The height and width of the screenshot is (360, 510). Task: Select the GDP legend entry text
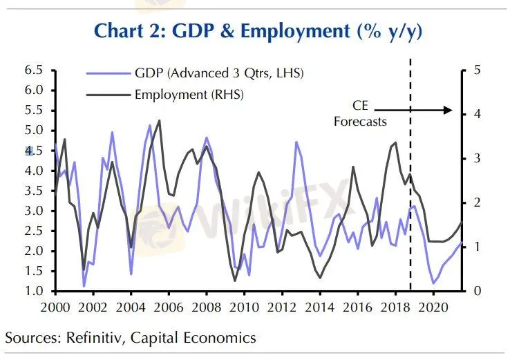220,73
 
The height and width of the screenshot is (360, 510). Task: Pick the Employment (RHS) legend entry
189,93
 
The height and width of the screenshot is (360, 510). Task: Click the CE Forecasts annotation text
359,114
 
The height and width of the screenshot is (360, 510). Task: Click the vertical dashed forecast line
410,207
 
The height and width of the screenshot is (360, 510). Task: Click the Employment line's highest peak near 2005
159,120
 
